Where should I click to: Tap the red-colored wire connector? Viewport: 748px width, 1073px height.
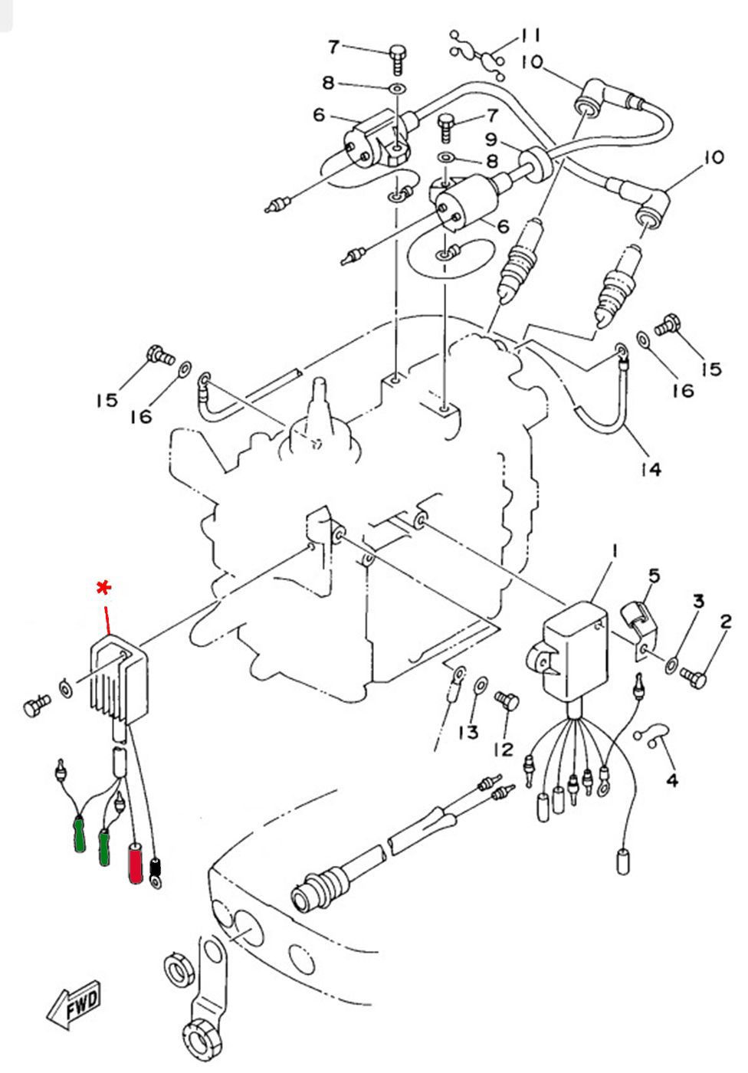(136, 864)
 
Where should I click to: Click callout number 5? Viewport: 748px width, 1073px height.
(654, 576)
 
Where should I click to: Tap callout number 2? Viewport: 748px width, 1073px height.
(726, 622)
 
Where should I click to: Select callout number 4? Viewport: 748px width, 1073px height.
(672, 781)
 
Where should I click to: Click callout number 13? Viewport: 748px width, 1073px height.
(467, 733)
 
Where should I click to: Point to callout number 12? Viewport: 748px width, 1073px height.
(504, 750)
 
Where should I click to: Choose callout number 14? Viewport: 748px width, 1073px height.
(651, 470)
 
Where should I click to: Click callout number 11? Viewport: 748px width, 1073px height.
(530, 35)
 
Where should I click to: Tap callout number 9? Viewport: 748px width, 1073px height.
(490, 139)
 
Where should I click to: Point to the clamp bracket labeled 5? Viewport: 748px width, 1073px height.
(638, 633)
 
